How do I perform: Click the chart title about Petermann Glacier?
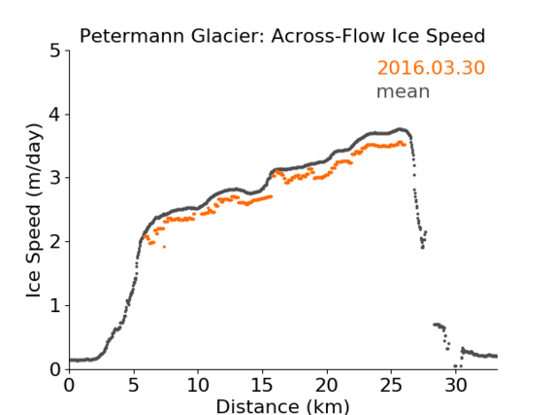click(282, 36)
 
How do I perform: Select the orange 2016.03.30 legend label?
click(432, 68)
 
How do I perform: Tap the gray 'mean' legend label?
click(404, 91)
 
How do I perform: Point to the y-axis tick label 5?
click(56, 52)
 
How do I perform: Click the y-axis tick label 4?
click(56, 115)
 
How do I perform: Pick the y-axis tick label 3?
click(56, 178)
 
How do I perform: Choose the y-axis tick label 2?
click(56, 242)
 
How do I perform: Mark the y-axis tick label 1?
click(56, 306)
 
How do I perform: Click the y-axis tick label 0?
click(56, 369)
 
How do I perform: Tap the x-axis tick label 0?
click(69, 386)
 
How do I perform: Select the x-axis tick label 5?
click(134, 386)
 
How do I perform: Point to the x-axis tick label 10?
click(198, 386)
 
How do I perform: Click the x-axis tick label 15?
click(263, 386)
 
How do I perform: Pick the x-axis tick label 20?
click(327, 386)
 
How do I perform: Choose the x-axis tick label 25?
click(391, 386)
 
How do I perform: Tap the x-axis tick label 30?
click(456, 386)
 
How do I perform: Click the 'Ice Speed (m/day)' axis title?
click(34, 211)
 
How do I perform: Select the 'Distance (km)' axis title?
click(282, 406)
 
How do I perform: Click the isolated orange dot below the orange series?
click(164, 247)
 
